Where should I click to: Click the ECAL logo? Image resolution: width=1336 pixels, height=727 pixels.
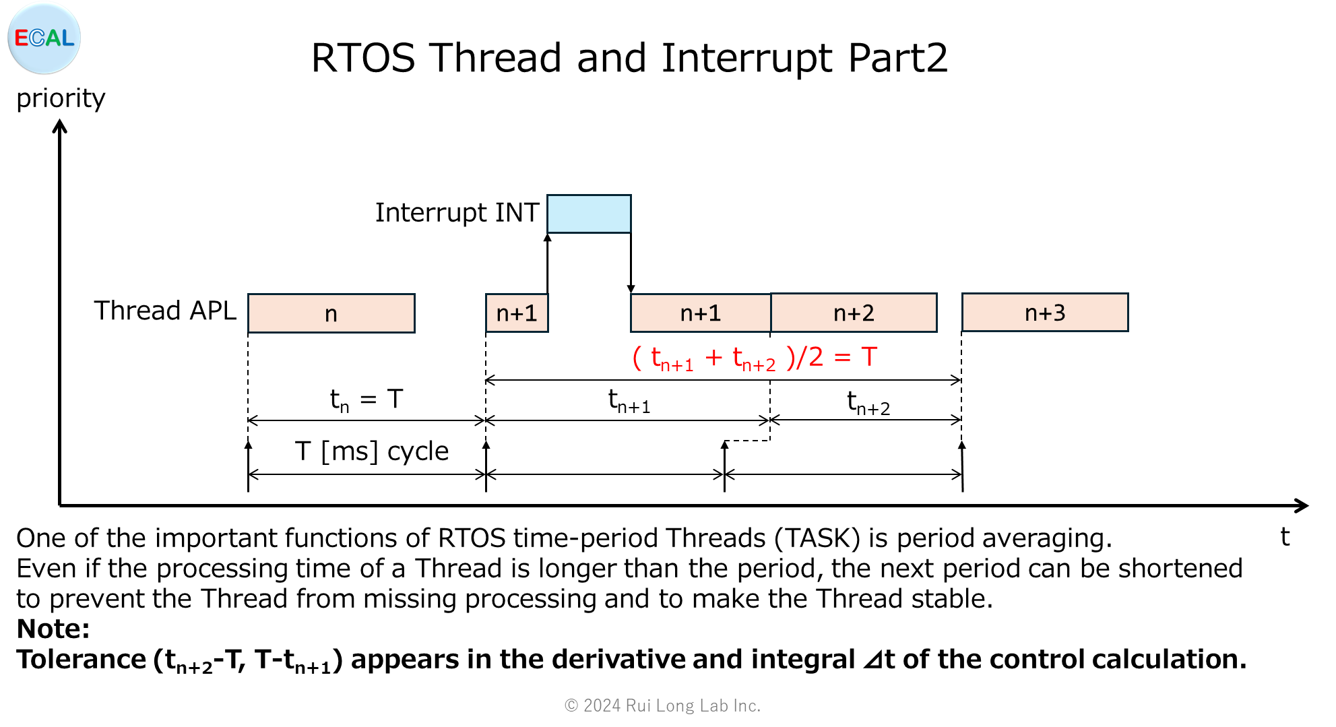point(44,38)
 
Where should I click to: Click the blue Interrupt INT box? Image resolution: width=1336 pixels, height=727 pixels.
point(589,214)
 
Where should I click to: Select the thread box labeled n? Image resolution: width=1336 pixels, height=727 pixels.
point(331,313)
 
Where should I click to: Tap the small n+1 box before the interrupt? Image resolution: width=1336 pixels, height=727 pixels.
point(517,313)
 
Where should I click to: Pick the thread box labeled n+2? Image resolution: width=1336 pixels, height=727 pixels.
point(854,313)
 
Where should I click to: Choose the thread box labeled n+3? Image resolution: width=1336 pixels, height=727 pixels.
point(1045,313)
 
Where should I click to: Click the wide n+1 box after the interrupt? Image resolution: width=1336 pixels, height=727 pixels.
point(701,313)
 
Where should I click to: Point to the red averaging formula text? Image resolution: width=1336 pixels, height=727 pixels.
point(755,358)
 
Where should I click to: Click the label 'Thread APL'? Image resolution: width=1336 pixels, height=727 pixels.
point(165,311)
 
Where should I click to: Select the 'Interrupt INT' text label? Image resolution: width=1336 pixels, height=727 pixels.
point(457,212)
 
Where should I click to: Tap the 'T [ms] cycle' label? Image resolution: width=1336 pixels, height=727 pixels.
point(372,451)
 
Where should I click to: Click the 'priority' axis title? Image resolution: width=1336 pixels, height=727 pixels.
point(61,98)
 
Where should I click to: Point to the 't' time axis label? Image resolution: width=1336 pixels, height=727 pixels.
point(1284,537)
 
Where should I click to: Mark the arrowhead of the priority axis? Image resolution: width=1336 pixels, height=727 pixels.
point(60,125)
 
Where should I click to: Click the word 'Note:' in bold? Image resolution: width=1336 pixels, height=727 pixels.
point(53,629)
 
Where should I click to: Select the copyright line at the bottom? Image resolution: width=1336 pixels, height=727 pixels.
point(662,705)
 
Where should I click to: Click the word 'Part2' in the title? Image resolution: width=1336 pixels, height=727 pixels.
point(898,58)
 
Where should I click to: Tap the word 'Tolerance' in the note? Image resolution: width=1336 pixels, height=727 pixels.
point(81,659)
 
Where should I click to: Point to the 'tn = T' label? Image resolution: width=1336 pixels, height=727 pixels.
point(366,400)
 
